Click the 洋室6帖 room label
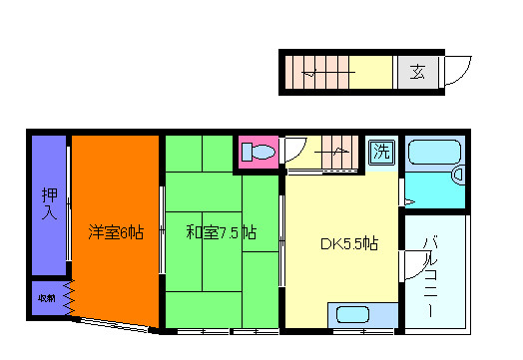pyautogui.click(x=116, y=233)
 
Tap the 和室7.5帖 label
pyautogui.click(x=221, y=233)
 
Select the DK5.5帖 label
pyautogui.click(x=348, y=242)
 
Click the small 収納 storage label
pyautogui.click(x=47, y=298)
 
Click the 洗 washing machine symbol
pyautogui.click(x=380, y=153)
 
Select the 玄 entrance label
pyautogui.click(x=417, y=73)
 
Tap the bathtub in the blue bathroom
pyautogui.click(x=433, y=154)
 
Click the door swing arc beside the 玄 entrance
pyautogui.click(x=456, y=70)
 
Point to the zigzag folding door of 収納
pyautogui.click(x=69, y=297)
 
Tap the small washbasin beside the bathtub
pyautogui.click(x=459, y=175)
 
